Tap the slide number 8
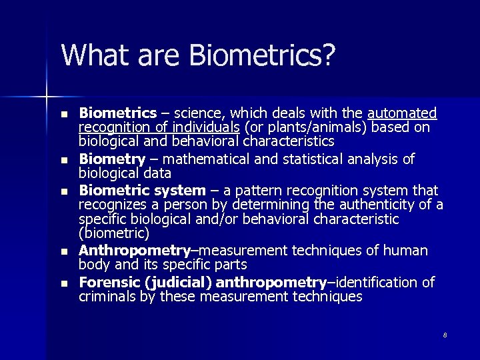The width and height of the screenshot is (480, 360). tap(445, 335)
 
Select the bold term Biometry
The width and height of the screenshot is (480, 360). tap(112, 159)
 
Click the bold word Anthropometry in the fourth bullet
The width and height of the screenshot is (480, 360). tap(135, 251)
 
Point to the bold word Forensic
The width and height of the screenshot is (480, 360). tap(107, 282)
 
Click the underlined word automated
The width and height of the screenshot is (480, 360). tap(402, 113)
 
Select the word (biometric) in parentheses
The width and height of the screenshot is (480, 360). tap(114, 233)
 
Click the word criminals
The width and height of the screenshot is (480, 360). tap(107, 297)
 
